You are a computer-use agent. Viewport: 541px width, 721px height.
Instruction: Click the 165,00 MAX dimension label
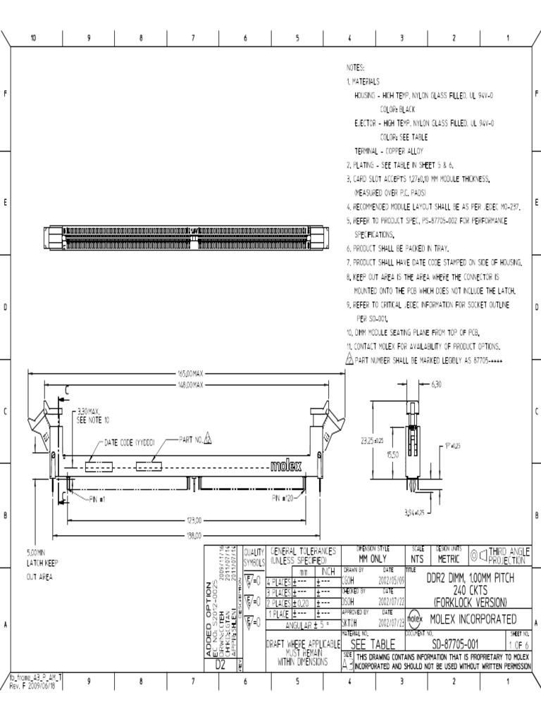pyautogui.click(x=189, y=374)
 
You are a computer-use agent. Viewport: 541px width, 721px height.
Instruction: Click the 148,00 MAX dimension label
pyautogui.click(x=189, y=385)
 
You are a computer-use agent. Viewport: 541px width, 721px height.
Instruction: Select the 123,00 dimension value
pyautogui.click(x=194, y=521)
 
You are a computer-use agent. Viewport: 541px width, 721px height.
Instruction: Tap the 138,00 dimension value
pyautogui.click(x=194, y=537)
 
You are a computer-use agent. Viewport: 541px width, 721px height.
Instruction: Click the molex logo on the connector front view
pyautogui.click(x=286, y=466)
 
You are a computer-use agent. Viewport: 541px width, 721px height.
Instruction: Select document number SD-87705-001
pyautogui.click(x=455, y=644)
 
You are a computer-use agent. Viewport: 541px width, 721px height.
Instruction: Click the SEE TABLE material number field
pyautogui.click(x=373, y=644)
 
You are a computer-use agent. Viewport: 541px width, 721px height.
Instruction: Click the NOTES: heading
pyautogui.click(x=355, y=68)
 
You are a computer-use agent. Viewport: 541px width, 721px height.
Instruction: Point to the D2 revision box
pyautogui.click(x=220, y=664)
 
